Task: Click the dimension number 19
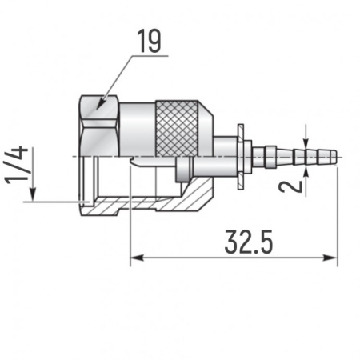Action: (148, 42)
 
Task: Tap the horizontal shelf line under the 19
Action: (148, 56)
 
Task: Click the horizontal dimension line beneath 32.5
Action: (232, 257)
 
